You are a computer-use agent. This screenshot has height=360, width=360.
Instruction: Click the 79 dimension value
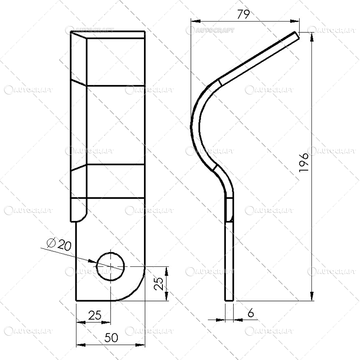[x=243, y=14]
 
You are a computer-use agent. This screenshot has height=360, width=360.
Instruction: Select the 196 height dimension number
[x=304, y=162]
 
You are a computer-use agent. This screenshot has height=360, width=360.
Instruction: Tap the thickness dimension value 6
[x=251, y=312]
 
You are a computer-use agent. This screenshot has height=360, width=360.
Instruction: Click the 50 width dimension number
[x=111, y=337]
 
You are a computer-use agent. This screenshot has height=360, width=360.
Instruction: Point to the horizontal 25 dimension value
[x=95, y=315]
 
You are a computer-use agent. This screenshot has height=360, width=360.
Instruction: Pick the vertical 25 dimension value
[x=159, y=283]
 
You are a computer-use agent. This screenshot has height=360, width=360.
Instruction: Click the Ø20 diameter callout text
[x=59, y=245]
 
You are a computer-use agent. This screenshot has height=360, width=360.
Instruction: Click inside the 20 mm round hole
[x=111, y=266]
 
